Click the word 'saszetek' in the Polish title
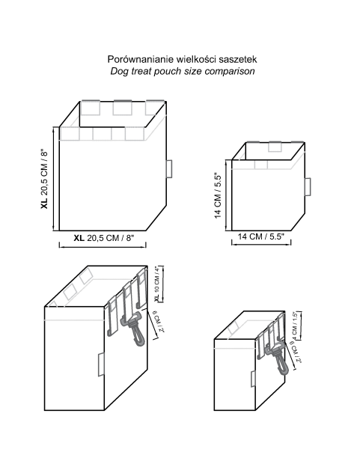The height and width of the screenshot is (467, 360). [x=237, y=59]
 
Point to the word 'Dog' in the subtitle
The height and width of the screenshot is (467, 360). [x=118, y=72]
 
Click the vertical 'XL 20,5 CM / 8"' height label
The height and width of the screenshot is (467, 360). [x=44, y=179]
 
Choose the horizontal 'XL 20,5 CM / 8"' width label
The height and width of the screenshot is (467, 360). [x=104, y=238]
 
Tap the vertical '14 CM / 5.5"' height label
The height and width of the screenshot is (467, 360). [x=219, y=195]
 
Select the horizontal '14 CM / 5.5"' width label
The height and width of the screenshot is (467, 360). [x=261, y=236]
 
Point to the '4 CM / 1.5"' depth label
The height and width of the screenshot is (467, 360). [x=294, y=326]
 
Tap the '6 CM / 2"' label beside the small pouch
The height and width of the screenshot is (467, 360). [x=296, y=351]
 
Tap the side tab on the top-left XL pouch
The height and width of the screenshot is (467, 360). [x=169, y=169]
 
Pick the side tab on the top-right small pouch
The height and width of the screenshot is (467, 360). [x=308, y=187]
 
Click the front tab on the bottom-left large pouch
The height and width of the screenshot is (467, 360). [x=101, y=364]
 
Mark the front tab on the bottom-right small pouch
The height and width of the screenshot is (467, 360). [x=253, y=379]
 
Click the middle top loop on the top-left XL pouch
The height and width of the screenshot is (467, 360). [x=123, y=108]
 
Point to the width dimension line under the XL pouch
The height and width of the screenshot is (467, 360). [x=103, y=245]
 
